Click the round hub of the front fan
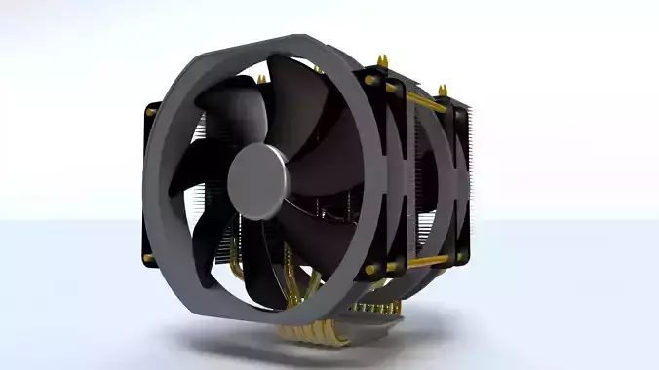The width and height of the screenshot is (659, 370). pyautogui.click(x=255, y=182)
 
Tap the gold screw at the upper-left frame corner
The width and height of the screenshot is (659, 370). pyautogui.click(x=150, y=111)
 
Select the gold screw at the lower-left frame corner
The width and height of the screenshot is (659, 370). pyautogui.click(x=148, y=258)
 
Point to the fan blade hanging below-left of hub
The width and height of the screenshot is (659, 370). pyautogui.click(x=210, y=243)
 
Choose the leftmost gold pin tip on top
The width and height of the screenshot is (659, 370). pyautogui.click(x=315, y=68)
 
